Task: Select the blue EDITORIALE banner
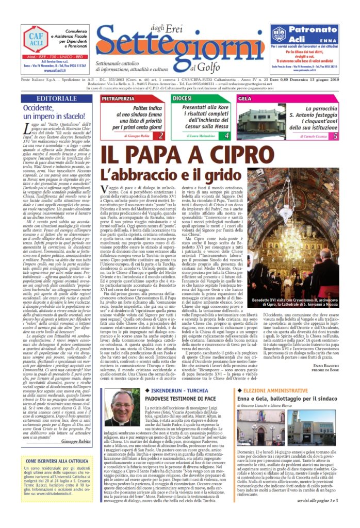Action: click(x=56, y=98)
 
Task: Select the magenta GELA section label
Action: click(x=246, y=98)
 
